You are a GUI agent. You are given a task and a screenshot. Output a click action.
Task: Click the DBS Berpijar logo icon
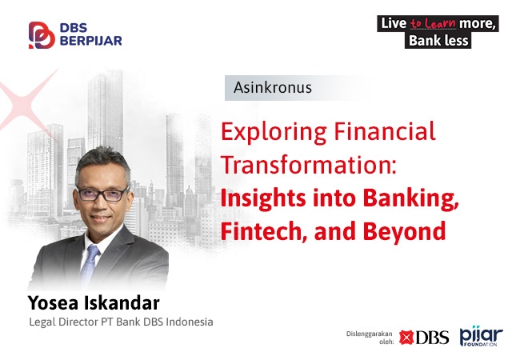tap(42, 35)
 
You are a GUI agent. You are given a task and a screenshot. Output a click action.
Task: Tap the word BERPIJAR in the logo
tap(91, 41)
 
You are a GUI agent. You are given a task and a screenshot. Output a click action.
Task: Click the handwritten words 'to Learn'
tap(433, 23)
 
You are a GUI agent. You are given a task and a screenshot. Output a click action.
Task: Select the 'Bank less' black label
tap(438, 41)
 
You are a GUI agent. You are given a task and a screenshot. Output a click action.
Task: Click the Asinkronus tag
tap(273, 87)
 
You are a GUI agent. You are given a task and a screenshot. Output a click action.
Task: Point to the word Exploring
tap(274, 132)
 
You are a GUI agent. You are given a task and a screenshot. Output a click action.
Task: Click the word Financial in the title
tap(385, 130)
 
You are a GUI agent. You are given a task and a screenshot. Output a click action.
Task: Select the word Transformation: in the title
tap(309, 165)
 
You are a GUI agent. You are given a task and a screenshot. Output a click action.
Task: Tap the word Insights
tap(263, 198)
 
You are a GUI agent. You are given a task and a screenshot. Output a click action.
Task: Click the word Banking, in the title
tap(411, 198)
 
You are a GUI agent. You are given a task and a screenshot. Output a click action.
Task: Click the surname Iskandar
tap(122, 302)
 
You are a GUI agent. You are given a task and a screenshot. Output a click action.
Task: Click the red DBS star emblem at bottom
tap(406, 338)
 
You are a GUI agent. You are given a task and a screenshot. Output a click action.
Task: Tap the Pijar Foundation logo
tap(482, 336)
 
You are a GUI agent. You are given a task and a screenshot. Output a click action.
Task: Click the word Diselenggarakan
tap(370, 334)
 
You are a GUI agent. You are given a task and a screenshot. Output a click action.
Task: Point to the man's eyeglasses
tap(102, 194)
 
